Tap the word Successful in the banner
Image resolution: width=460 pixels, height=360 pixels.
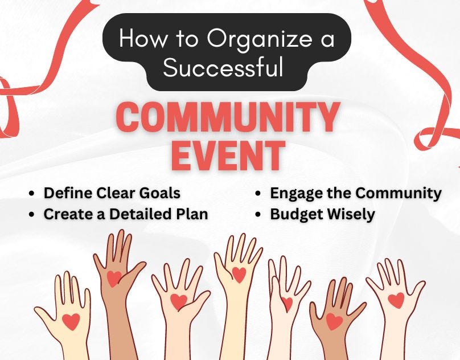tap(223, 68)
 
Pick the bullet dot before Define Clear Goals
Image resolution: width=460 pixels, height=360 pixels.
tap(32, 194)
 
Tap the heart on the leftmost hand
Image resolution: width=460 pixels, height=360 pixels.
tap(71, 321)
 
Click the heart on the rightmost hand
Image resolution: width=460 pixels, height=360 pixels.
tap(396, 299)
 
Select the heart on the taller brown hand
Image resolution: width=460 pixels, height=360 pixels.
tap(114, 277)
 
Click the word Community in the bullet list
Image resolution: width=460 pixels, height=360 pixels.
tap(399, 194)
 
